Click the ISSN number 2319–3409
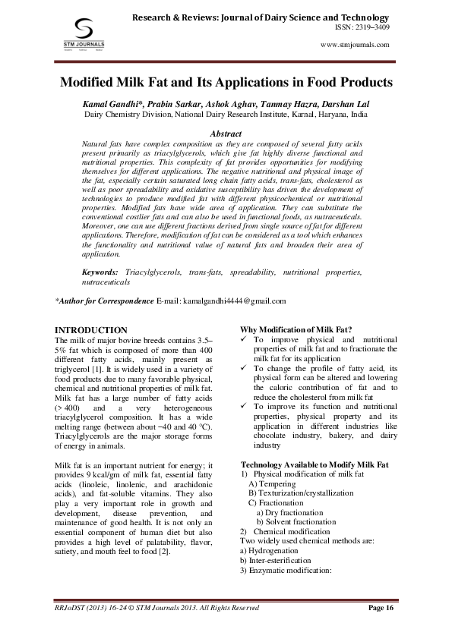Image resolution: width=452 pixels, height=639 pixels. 367,27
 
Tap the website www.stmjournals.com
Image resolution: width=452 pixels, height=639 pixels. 356,45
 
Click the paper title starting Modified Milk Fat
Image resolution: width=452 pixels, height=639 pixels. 226,81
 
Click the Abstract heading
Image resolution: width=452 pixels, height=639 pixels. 225,133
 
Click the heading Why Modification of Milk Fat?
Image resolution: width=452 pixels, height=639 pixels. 296,330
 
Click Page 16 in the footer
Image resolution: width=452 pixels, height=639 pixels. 381,607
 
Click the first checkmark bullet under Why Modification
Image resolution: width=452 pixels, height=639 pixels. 245,340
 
